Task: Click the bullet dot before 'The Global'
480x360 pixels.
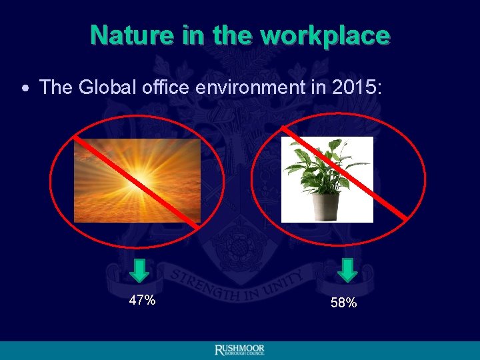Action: coord(25,88)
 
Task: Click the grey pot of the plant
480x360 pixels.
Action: coord(327,203)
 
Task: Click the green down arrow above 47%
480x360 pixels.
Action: coord(139,270)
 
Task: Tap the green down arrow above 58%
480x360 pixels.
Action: coord(347,270)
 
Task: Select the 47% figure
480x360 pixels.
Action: coord(142,301)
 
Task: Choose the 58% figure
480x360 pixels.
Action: coord(343,303)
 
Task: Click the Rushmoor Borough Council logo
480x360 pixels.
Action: coord(239,351)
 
